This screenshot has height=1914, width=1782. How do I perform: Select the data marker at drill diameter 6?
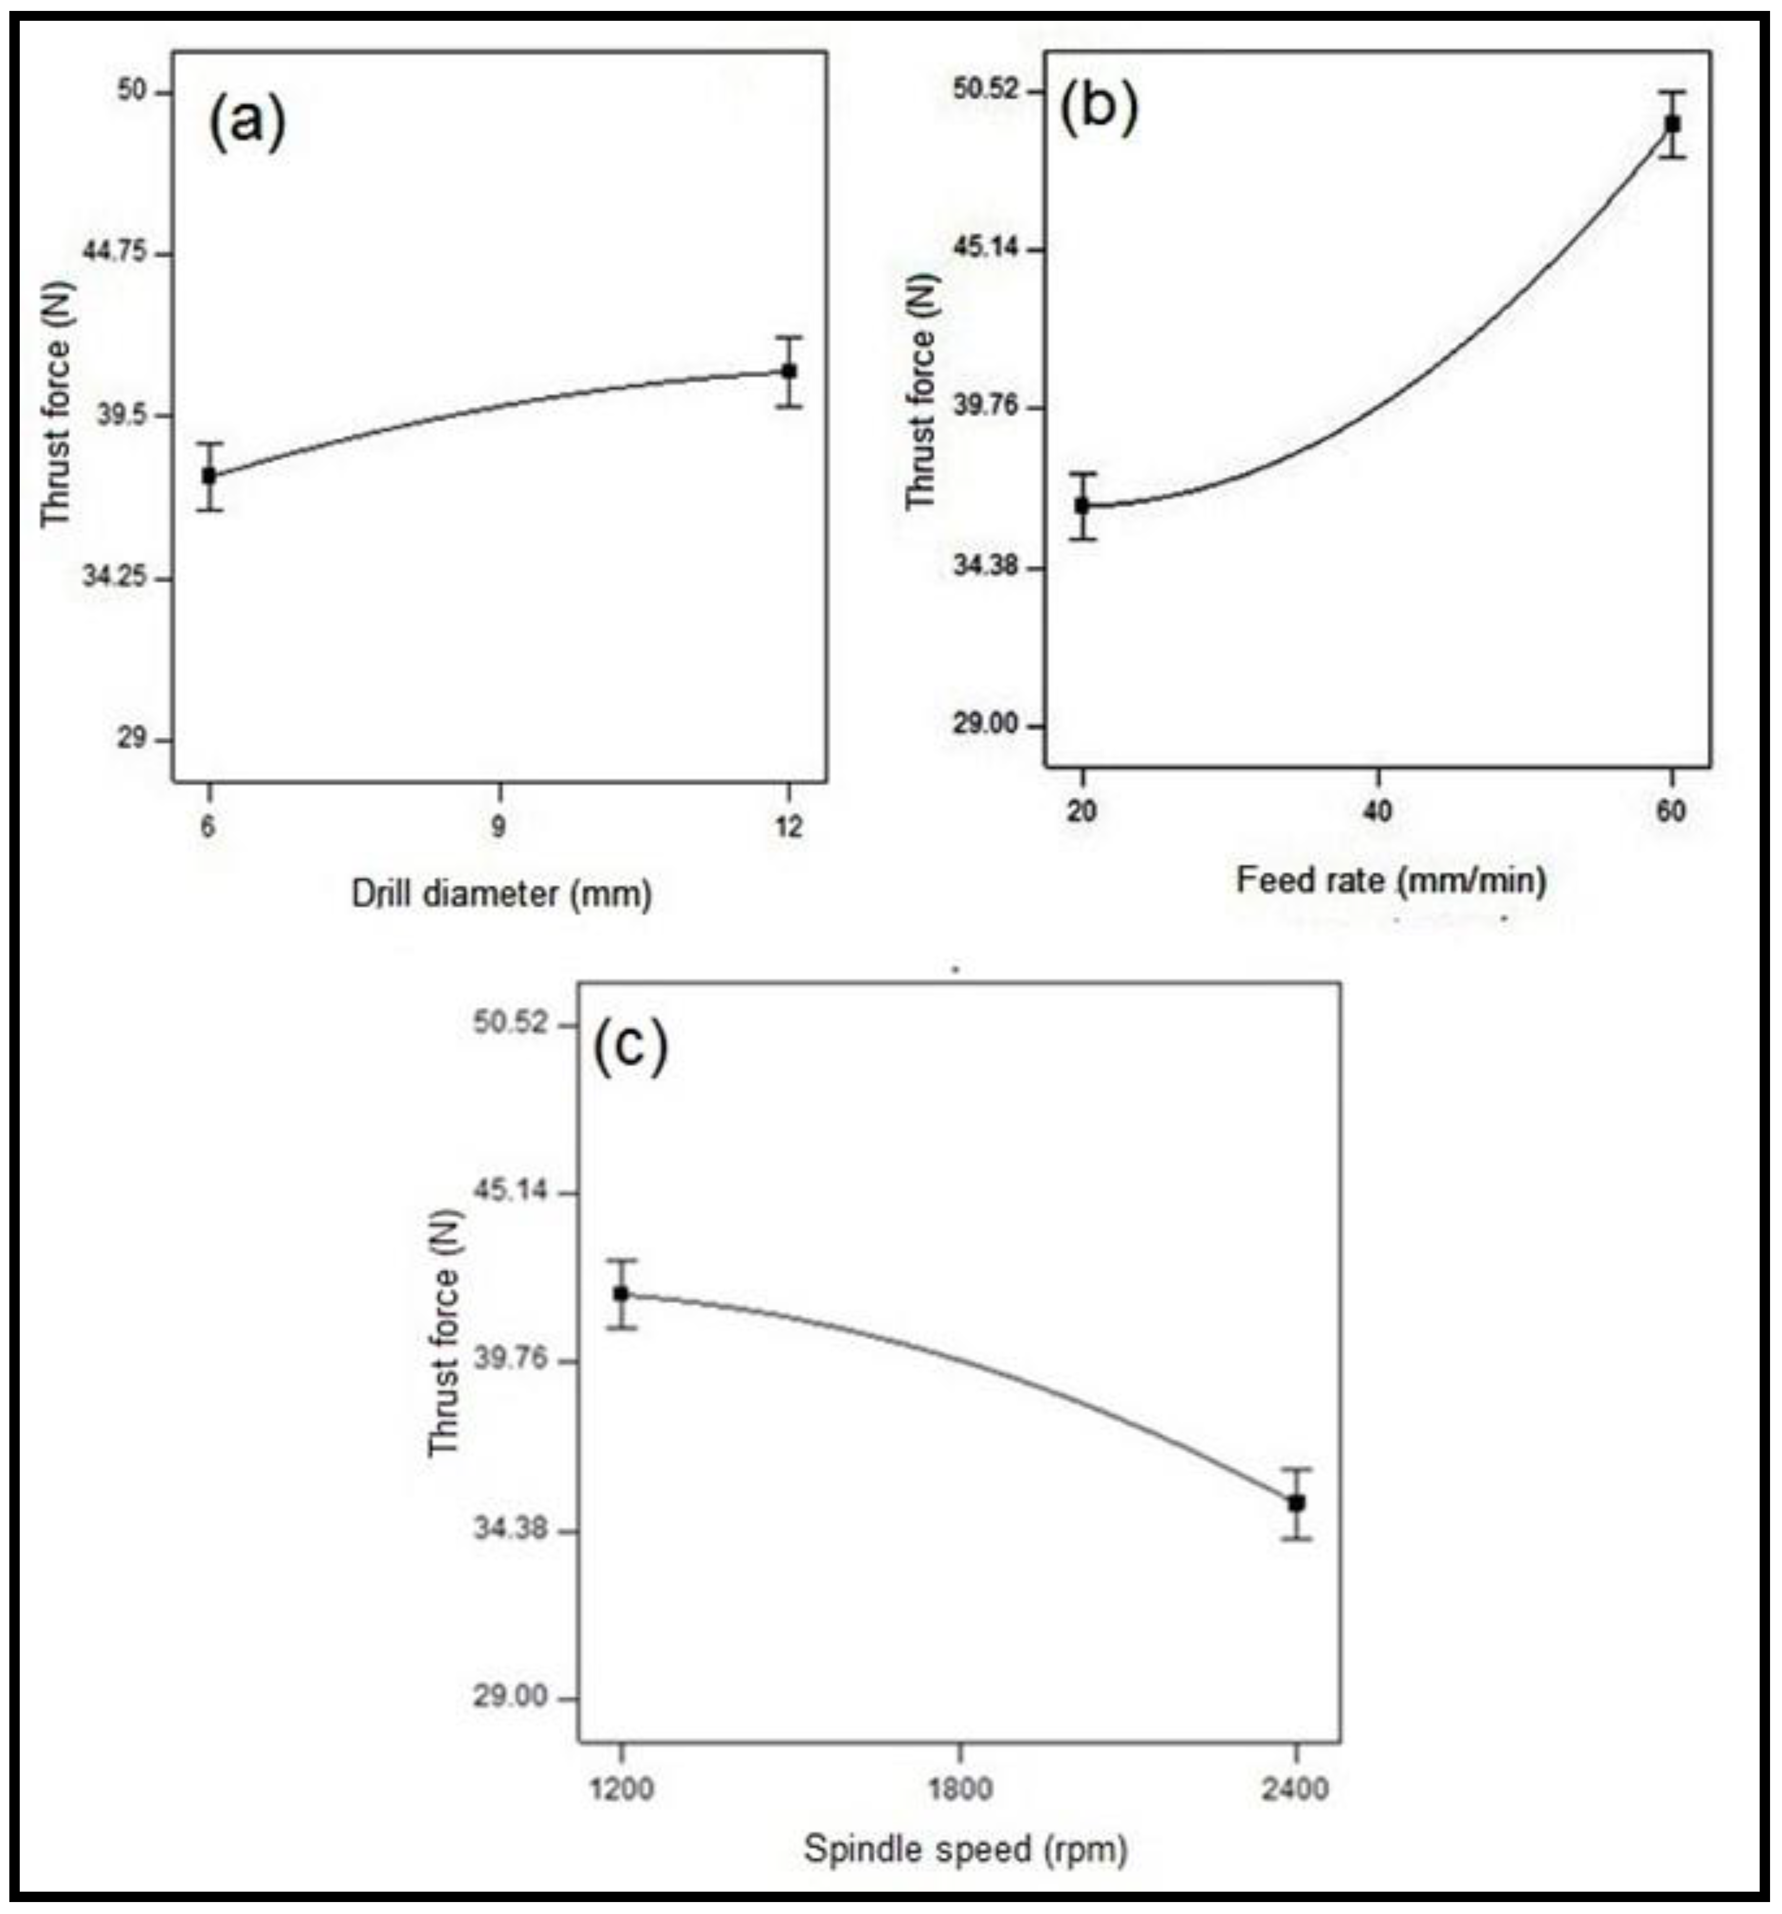coord(209,476)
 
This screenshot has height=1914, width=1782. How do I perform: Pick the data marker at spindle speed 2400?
coord(1297,1502)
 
